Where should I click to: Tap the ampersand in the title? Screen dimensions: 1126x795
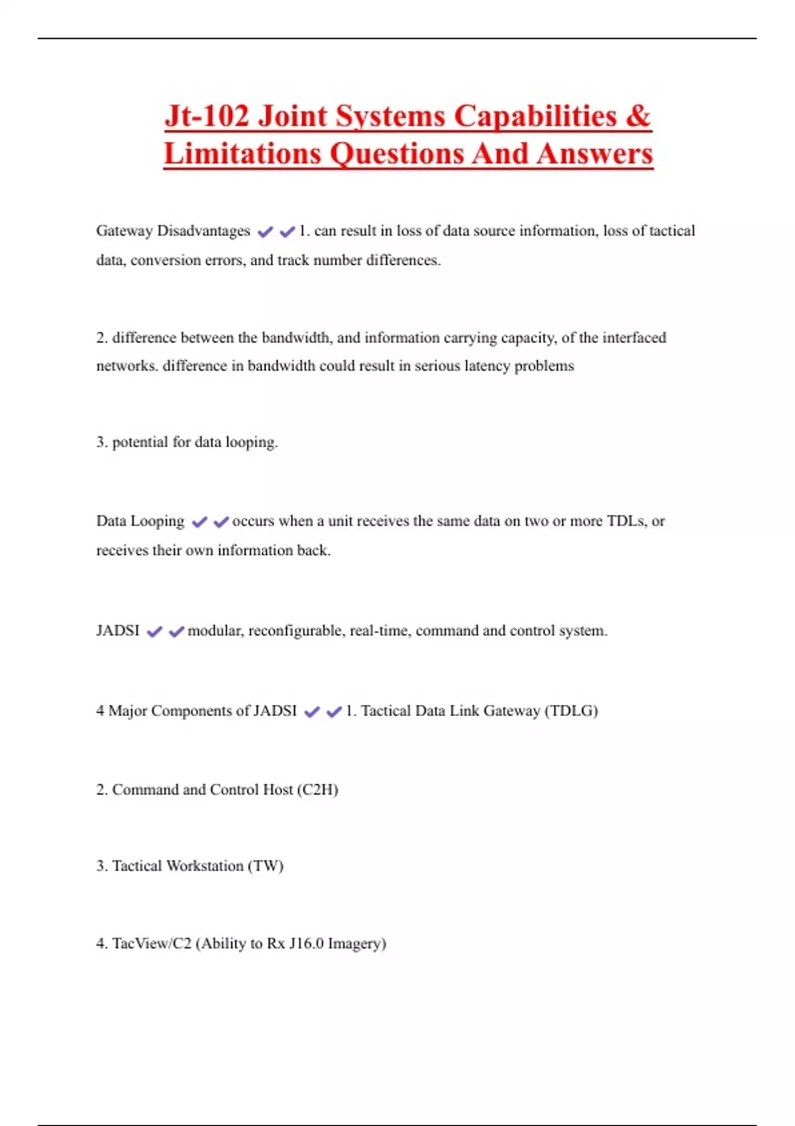[x=637, y=116]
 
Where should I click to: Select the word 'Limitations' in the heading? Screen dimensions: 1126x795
[x=242, y=154]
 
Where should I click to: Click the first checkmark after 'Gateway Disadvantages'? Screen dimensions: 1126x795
[x=265, y=232]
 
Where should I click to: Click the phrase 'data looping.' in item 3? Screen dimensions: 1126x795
[x=236, y=442]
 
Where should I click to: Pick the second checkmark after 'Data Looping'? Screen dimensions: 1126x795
[x=221, y=522]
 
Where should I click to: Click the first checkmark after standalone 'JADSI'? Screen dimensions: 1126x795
[x=154, y=632]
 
